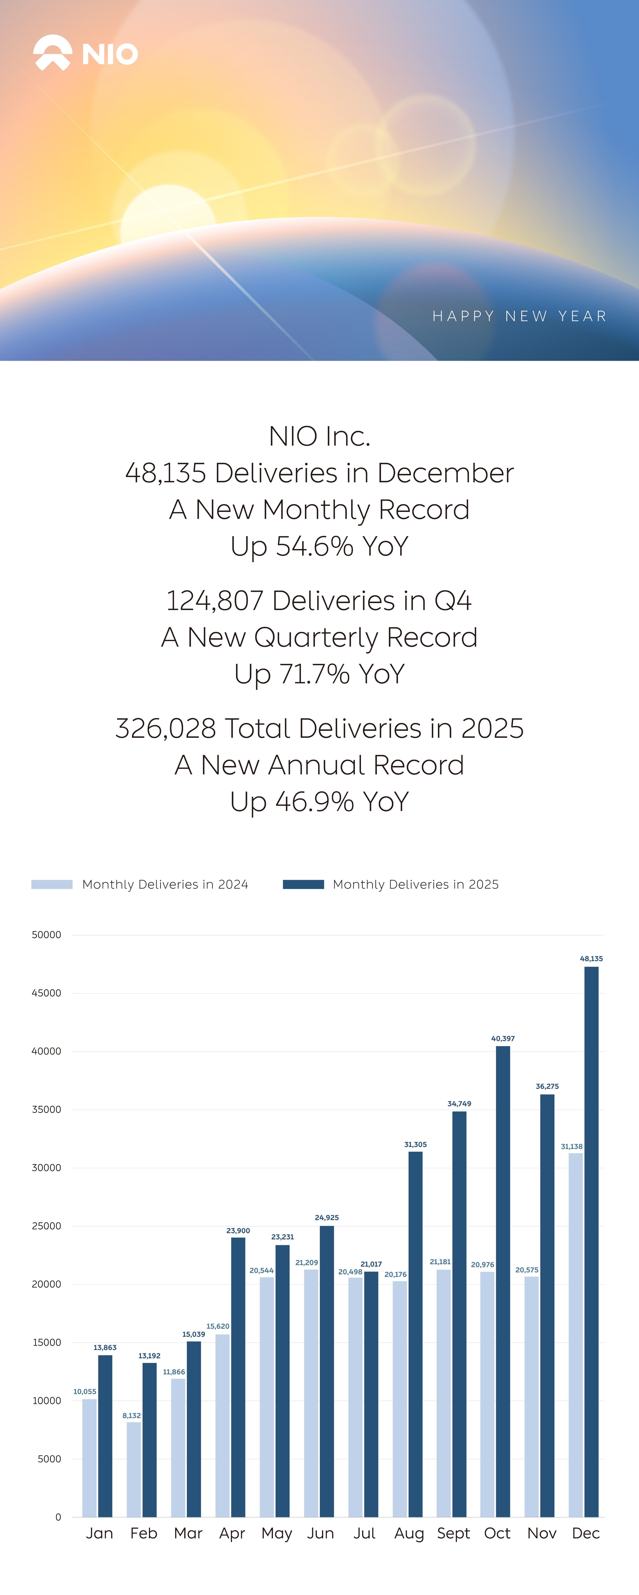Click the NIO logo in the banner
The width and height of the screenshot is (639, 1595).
pos(85,53)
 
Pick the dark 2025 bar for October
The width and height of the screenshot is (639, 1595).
pos(503,1282)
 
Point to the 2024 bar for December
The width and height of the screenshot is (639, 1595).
pos(575,1334)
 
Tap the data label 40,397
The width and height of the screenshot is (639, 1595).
pos(503,1038)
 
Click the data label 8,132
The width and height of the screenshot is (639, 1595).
pos(131,1415)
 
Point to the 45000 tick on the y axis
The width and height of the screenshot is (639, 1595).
pos(46,993)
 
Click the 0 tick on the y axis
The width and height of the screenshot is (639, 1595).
pos(58,1517)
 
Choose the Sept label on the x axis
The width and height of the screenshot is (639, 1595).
pos(453,1533)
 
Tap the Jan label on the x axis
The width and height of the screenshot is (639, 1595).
pos(99,1533)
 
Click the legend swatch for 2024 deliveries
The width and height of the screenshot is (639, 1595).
pos(52,884)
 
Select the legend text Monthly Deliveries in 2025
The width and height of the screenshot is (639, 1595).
pos(416,884)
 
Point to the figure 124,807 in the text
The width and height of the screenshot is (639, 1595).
pos(214,601)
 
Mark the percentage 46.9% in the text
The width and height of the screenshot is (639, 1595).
pos(314,801)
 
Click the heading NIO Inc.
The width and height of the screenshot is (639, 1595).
pos(319,436)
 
